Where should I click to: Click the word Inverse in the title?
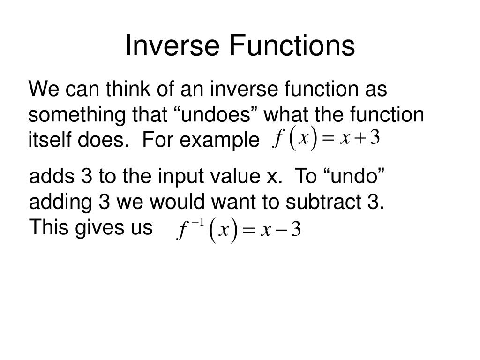172,45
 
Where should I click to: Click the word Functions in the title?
292,45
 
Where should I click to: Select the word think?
128,89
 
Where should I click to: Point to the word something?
76,116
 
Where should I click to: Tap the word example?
219,141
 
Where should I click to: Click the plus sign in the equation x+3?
360,139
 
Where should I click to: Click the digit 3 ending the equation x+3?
375,137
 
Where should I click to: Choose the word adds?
52,176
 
